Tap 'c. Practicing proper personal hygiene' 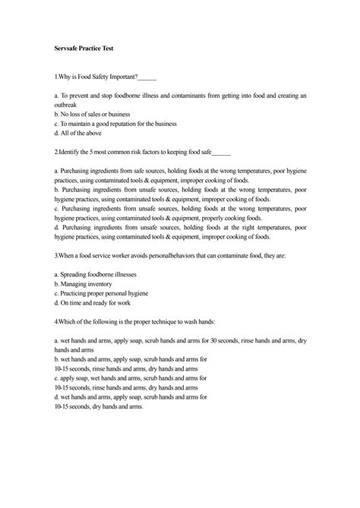point(111,292)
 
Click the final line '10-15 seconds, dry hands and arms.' point(99,405)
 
